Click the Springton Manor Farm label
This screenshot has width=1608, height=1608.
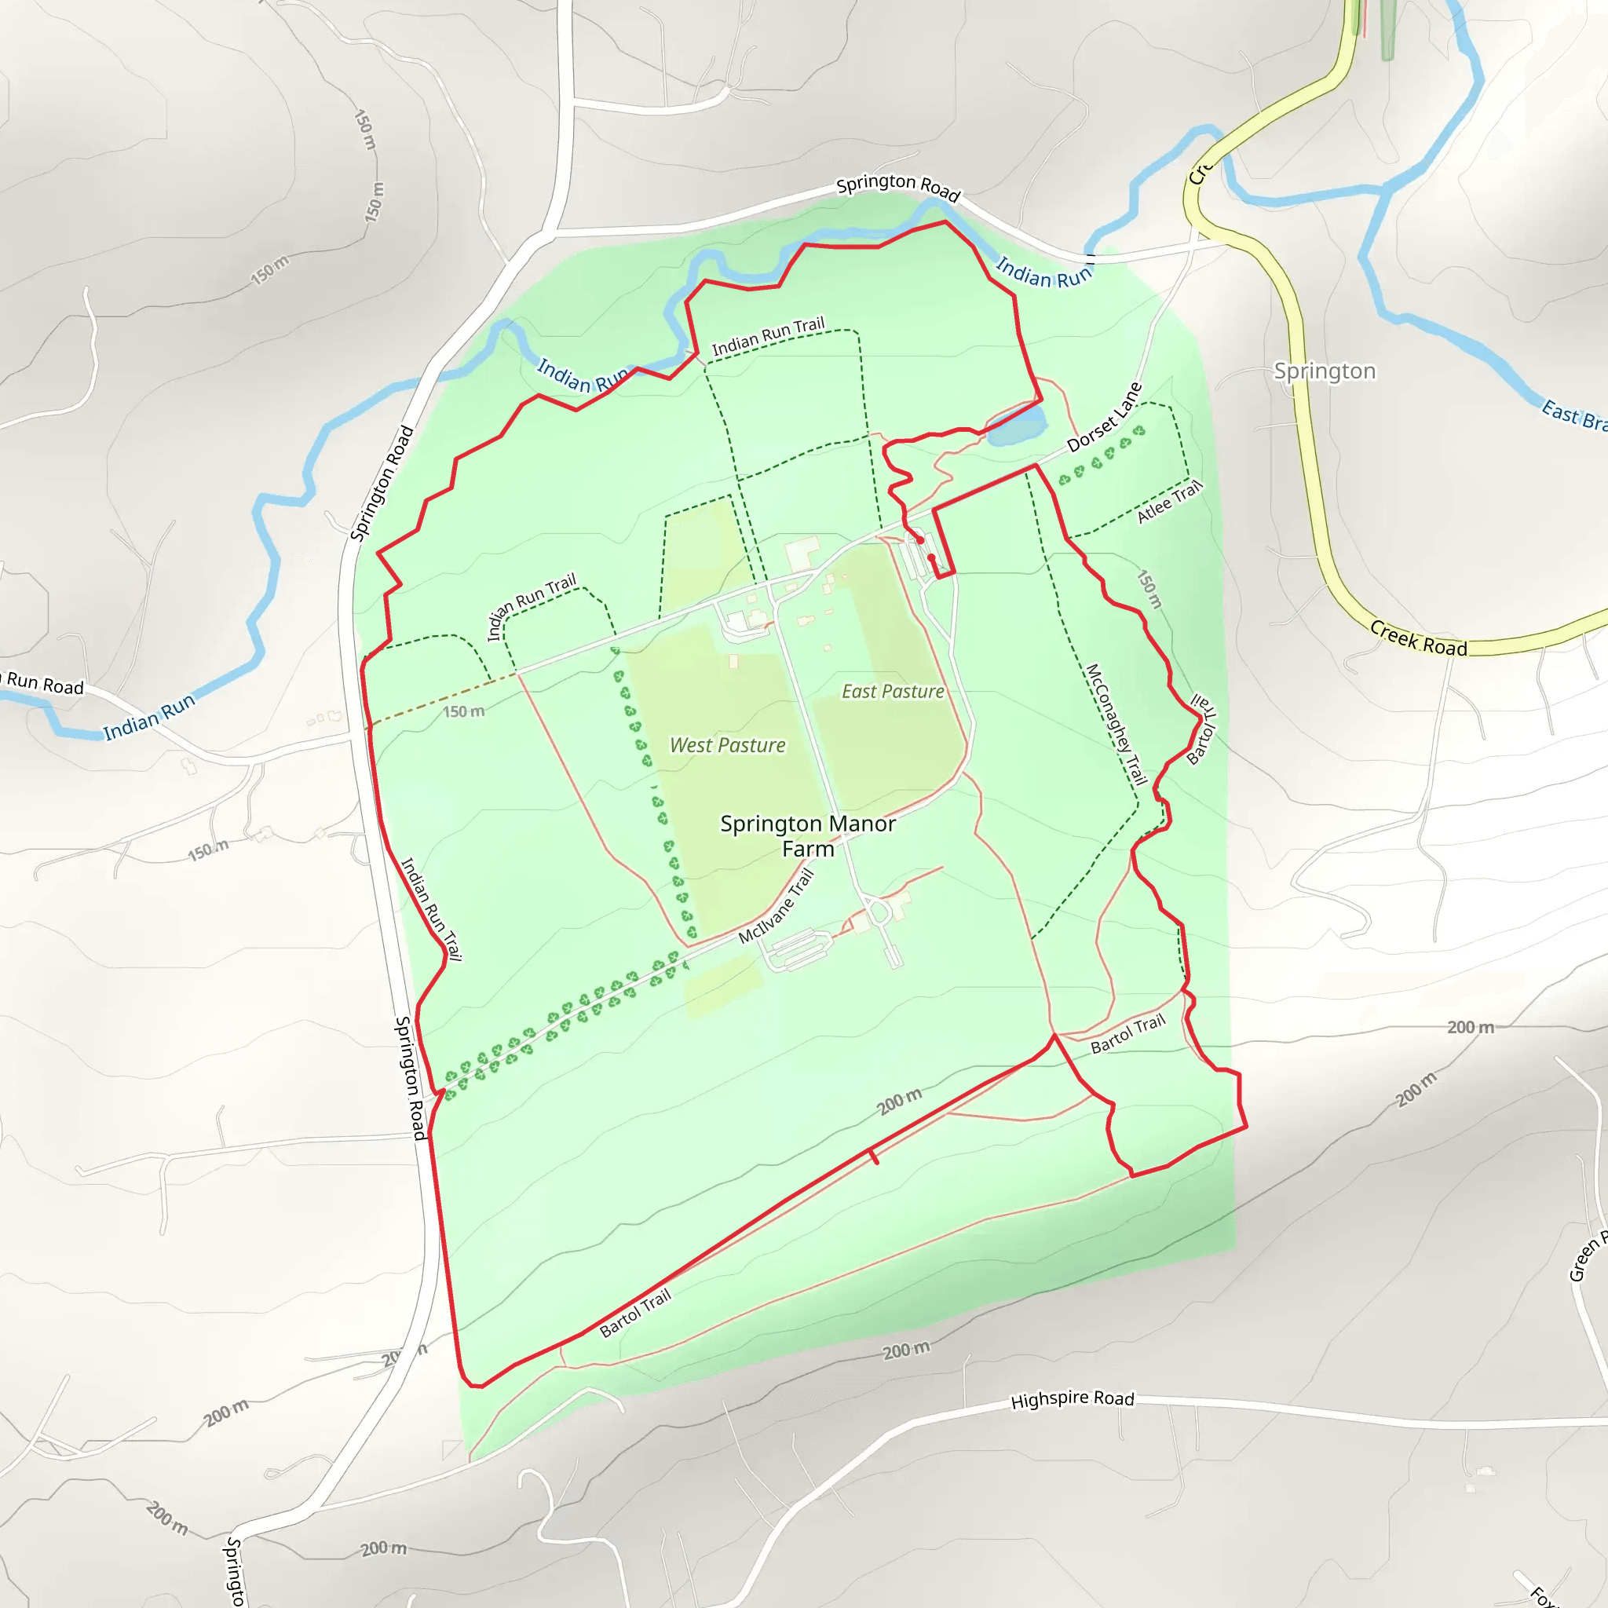click(x=807, y=835)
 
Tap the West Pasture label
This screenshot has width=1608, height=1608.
click(x=727, y=745)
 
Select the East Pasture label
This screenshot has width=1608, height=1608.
click(x=892, y=691)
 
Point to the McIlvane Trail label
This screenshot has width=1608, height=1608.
click(x=776, y=905)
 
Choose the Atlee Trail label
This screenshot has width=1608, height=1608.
click(x=1169, y=502)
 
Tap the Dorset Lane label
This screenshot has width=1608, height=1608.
click(x=1105, y=417)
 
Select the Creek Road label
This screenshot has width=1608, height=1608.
click(x=1418, y=638)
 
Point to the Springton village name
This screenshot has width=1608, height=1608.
click(x=1325, y=371)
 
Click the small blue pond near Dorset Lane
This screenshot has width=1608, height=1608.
click(x=1017, y=425)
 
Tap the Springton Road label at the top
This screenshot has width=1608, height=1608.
click(x=898, y=186)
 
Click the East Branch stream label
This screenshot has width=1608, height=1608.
click(x=1573, y=415)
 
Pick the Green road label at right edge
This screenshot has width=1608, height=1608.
click(x=1586, y=1257)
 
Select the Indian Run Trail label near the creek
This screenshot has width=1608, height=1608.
click(x=767, y=335)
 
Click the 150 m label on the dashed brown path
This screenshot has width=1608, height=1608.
click(x=462, y=711)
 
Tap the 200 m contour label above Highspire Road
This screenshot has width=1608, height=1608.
click(x=906, y=1350)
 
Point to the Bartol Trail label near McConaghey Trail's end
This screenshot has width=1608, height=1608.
click(x=1127, y=1034)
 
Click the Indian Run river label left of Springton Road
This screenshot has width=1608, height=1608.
click(x=149, y=718)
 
